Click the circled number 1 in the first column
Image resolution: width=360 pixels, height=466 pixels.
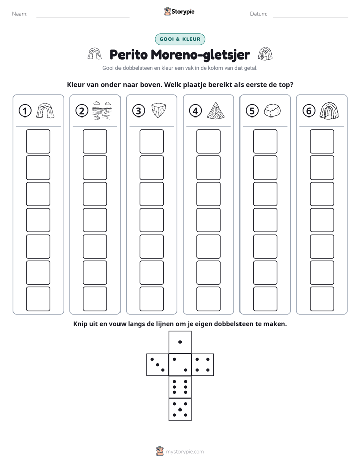(x=25, y=111)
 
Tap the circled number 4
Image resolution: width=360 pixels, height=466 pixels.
(x=195, y=111)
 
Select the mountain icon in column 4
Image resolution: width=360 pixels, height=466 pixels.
(x=216, y=110)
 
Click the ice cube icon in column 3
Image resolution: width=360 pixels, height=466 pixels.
(x=159, y=110)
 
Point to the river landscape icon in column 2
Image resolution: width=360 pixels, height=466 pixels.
(x=102, y=110)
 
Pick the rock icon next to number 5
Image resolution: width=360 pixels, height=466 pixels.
(x=272, y=110)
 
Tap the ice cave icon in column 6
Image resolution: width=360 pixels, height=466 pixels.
(x=329, y=110)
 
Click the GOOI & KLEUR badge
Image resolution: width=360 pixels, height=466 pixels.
(x=180, y=39)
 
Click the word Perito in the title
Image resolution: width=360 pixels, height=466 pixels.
(x=129, y=54)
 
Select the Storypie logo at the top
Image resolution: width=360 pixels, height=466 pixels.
(x=179, y=11)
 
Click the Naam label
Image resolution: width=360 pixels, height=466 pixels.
(x=20, y=14)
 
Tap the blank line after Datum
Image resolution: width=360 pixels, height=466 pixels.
(x=311, y=17)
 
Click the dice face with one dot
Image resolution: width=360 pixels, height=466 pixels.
(x=180, y=342)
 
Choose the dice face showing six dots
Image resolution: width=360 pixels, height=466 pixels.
(x=180, y=387)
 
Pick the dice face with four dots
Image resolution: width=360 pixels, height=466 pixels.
(x=203, y=365)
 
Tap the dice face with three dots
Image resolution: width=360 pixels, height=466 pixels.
(x=158, y=365)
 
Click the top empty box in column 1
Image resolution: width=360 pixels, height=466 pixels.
(x=38, y=141)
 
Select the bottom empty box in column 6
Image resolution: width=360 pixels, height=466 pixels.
(x=322, y=299)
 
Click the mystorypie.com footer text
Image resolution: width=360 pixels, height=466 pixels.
(x=185, y=452)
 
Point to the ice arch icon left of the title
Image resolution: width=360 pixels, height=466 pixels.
(x=95, y=54)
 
